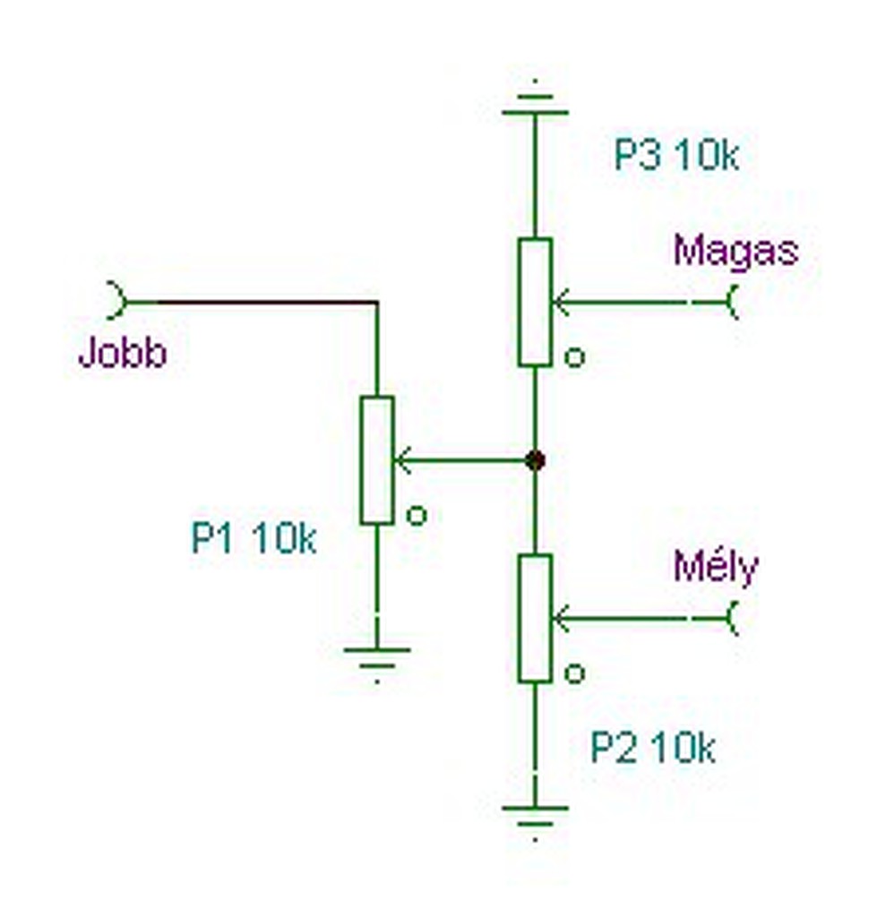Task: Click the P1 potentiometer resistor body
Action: (x=377, y=459)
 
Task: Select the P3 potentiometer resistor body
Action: (x=535, y=302)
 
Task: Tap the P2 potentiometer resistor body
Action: (x=535, y=618)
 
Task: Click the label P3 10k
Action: (x=676, y=157)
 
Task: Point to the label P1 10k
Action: (x=254, y=540)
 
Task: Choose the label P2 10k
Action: (x=652, y=748)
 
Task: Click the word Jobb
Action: (x=123, y=354)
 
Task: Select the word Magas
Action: (x=735, y=251)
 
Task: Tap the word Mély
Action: (x=716, y=567)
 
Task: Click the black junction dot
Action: (x=535, y=461)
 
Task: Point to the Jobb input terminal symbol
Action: (x=117, y=302)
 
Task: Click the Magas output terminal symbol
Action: (x=732, y=303)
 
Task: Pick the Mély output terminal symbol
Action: (x=732, y=619)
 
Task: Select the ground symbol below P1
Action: (x=377, y=658)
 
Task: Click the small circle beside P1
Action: (x=416, y=516)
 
